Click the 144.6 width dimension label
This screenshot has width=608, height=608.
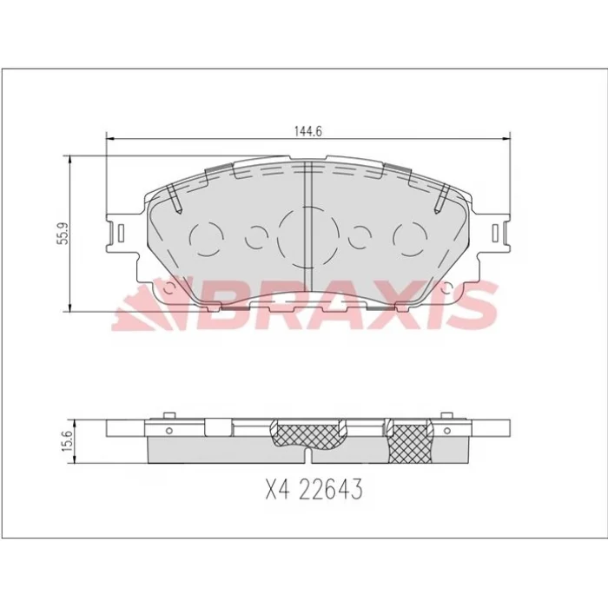(x=308, y=131)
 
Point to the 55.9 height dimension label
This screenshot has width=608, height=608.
(x=63, y=234)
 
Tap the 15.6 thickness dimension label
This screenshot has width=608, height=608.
(x=68, y=441)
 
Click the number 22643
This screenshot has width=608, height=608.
(x=332, y=488)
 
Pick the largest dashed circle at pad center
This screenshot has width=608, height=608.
(x=308, y=237)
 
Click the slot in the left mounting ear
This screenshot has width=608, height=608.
(x=121, y=234)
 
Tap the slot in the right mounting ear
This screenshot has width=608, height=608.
(x=495, y=234)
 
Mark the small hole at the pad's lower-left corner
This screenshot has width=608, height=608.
(x=169, y=287)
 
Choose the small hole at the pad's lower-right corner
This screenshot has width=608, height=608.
(x=448, y=287)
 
